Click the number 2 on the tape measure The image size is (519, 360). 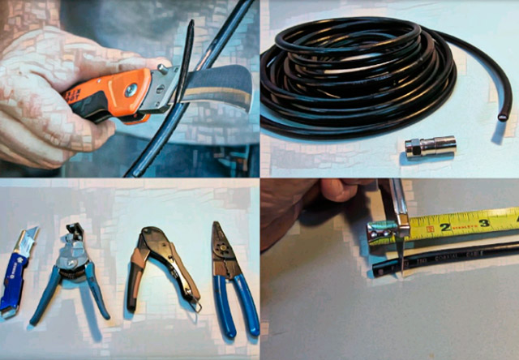tap(444, 228)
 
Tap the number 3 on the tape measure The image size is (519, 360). tap(484, 222)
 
